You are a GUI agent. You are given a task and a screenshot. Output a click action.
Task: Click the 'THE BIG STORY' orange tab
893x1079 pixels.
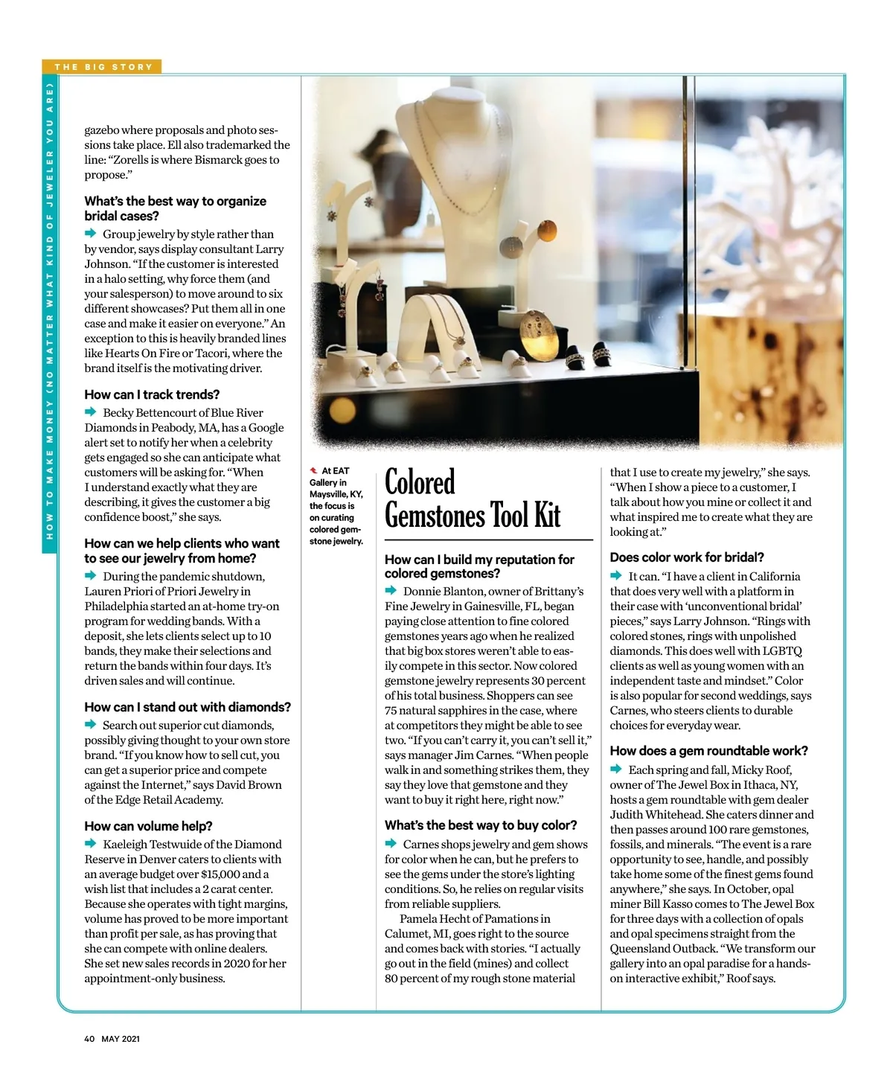click(x=103, y=67)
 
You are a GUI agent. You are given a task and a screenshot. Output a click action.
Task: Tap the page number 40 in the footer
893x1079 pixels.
click(x=89, y=1039)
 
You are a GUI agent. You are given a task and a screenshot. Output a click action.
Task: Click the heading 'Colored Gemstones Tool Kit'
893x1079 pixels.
click(x=473, y=499)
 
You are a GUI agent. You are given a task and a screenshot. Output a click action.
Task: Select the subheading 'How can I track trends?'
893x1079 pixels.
click(x=152, y=394)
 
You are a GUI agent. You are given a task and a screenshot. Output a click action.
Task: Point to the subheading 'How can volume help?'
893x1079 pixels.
click(x=148, y=826)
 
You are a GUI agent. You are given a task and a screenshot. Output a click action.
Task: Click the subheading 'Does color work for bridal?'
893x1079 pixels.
click(x=687, y=557)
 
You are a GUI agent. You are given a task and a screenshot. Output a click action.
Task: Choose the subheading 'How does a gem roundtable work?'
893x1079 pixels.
click(x=708, y=751)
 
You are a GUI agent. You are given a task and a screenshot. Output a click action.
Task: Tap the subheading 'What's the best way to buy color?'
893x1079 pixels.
click(x=481, y=825)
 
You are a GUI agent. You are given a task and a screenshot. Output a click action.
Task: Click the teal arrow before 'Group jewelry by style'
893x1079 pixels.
click(x=91, y=234)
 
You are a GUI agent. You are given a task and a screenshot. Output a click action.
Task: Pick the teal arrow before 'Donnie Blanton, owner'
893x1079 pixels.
click(x=391, y=591)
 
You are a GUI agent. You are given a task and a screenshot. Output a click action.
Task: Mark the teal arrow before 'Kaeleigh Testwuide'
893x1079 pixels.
click(x=91, y=844)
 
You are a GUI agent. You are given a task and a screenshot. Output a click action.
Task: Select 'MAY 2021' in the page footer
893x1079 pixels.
click(x=121, y=1039)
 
